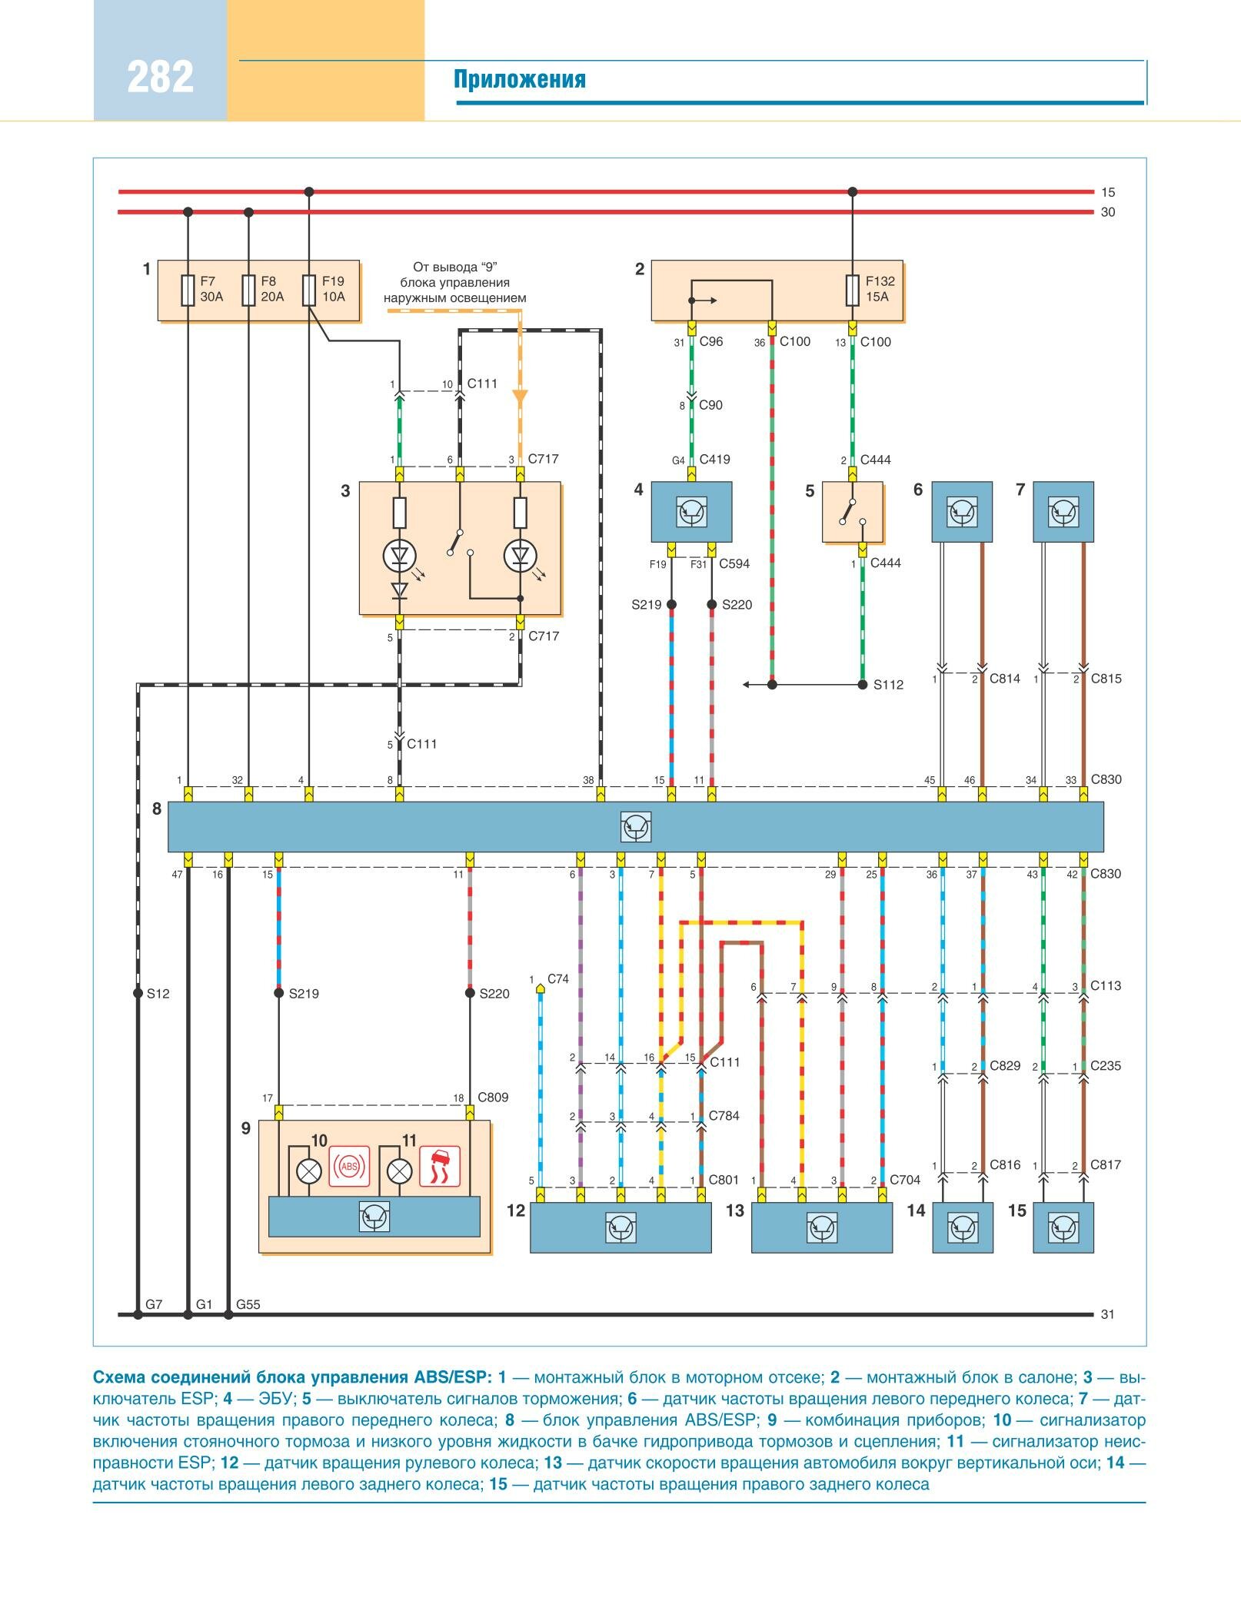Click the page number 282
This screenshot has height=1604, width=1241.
pos(160,77)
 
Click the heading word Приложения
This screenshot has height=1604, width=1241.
pos(519,79)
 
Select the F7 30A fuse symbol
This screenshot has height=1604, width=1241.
pos(188,291)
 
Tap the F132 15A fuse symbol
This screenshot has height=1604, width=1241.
pos(852,291)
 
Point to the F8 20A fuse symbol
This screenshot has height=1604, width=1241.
pos(248,291)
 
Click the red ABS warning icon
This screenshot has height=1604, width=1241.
pos(349,1166)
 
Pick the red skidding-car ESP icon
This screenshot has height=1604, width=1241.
pos(440,1166)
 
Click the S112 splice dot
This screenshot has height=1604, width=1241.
pos(862,684)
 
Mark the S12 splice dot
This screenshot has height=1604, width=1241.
pos(138,993)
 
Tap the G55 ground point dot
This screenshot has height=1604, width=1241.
pos(228,1314)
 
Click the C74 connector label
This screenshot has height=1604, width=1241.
pos(557,979)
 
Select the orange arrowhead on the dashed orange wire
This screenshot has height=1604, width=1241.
pos(520,397)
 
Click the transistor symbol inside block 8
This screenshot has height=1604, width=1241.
pos(636,826)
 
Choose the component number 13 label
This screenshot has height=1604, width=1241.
pos(735,1210)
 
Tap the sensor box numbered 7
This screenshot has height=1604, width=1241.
pos(1063,511)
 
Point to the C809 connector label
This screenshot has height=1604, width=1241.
pos(493,1098)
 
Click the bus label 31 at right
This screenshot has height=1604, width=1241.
pos(1107,1314)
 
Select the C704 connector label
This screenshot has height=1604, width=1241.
pos(905,1180)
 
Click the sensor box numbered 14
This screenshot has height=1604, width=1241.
pos(962,1227)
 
